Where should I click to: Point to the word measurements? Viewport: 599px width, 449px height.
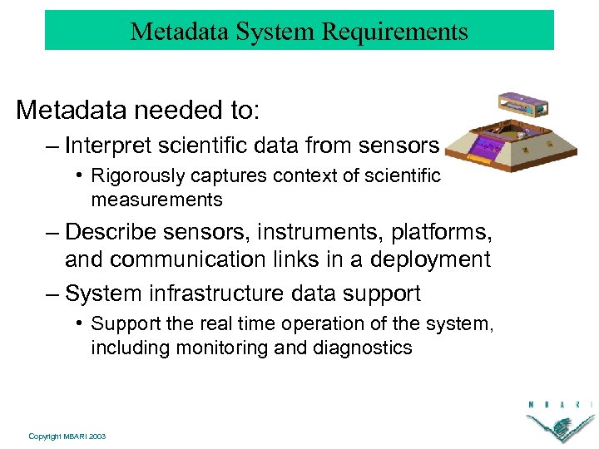[156, 200]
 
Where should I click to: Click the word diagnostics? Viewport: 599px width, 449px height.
[363, 348]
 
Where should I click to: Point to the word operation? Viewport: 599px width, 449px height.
[291, 323]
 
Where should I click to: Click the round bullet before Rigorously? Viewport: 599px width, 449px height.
[78, 175]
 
